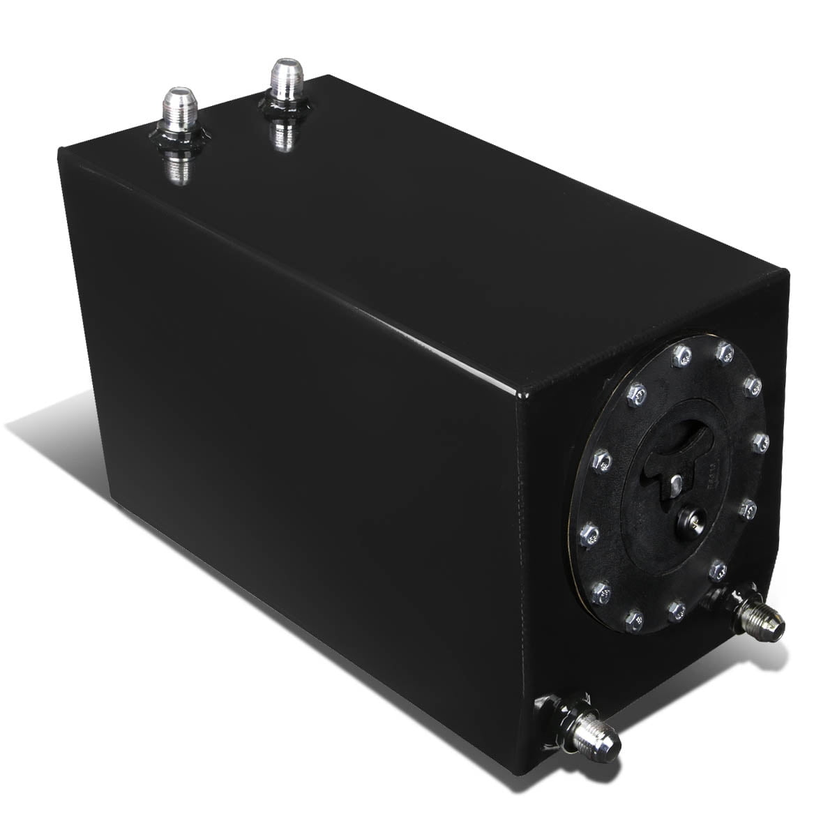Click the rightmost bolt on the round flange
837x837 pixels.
tap(760, 442)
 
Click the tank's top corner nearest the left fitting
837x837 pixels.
tap(61, 149)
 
